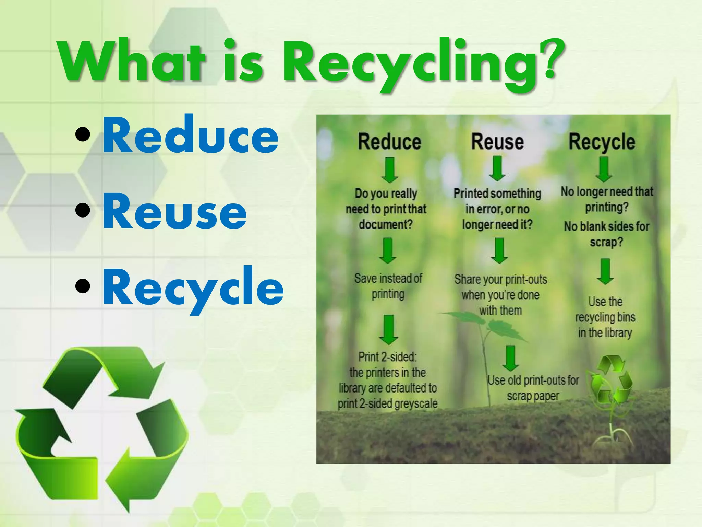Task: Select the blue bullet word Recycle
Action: (x=193, y=288)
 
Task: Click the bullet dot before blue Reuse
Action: (x=83, y=210)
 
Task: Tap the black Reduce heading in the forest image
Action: (x=389, y=142)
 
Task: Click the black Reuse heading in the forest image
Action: (x=497, y=142)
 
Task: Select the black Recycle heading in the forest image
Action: (x=602, y=142)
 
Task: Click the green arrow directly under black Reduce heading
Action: (x=390, y=170)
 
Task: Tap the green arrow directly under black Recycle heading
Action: (x=604, y=169)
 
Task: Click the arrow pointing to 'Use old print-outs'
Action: (x=510, y=358)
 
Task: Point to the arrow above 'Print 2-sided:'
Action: (x=389, y=329)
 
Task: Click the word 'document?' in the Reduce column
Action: (x=386, y=225)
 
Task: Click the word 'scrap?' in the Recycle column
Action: (x=606, y=242)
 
